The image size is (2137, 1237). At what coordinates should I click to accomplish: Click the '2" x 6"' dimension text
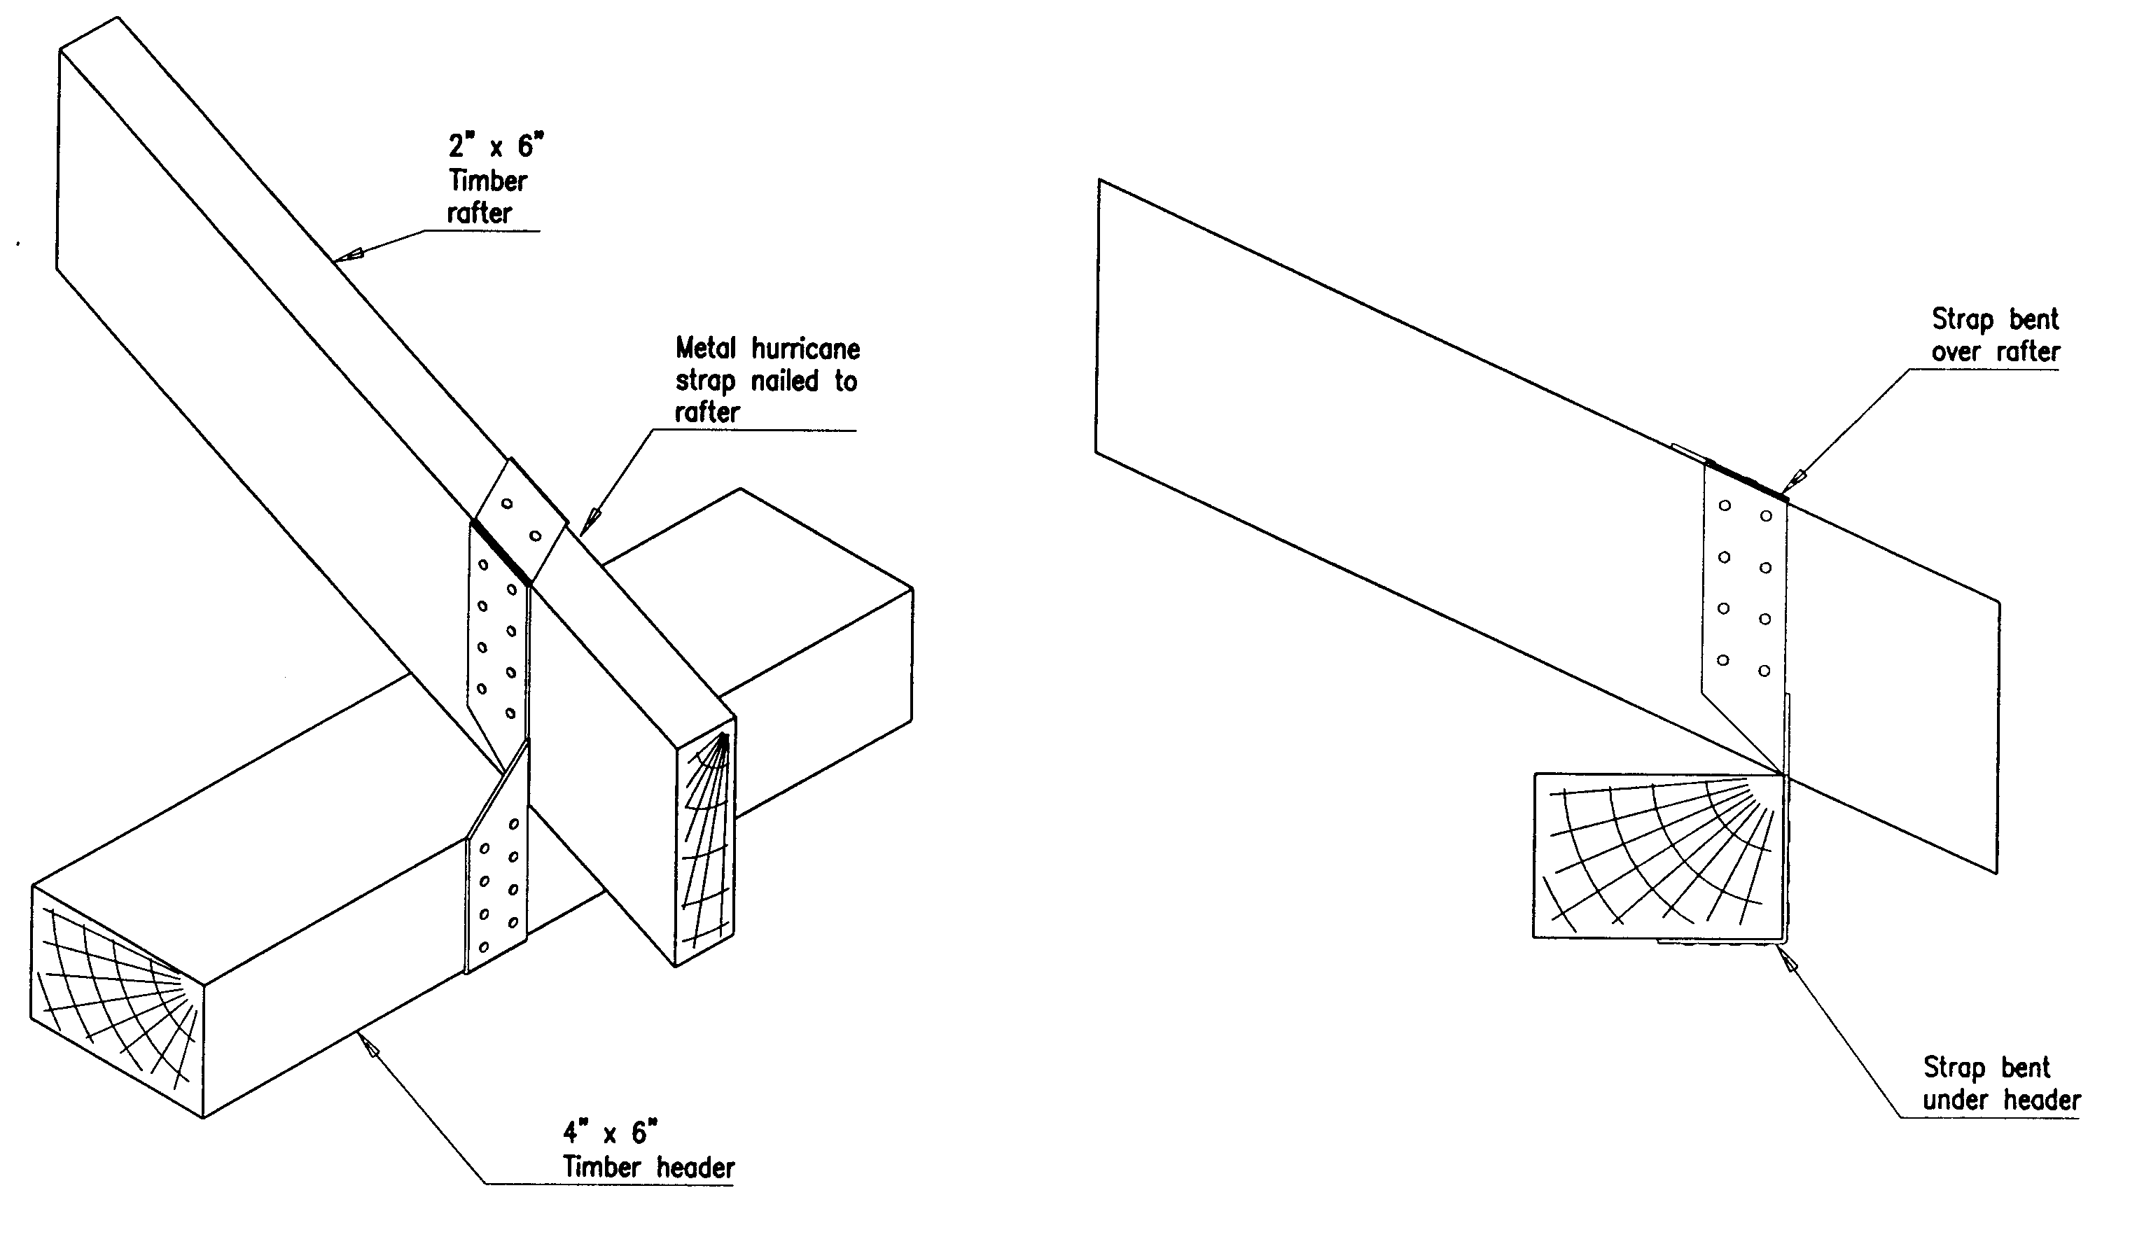tap(495, 146)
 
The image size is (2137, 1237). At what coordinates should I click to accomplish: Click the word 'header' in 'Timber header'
tap(695, 1168)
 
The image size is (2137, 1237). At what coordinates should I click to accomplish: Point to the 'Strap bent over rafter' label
tap(1995, 335)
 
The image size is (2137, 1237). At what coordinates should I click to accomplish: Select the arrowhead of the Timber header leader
tap(369, 1049)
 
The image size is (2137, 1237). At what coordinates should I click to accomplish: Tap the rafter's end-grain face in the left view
tap(706, 844)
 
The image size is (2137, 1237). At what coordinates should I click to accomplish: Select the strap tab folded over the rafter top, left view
tap(519, 517)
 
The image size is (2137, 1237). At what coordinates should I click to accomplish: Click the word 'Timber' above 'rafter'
tap(487, 181)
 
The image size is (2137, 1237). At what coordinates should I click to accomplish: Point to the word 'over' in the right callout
tap(1955, 351)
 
